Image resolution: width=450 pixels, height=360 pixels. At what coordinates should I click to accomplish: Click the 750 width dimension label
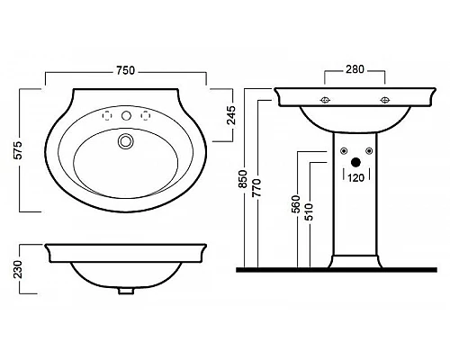click(x=126, y=70)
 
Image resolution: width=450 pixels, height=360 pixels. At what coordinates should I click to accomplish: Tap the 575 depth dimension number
click(x=18, y=150)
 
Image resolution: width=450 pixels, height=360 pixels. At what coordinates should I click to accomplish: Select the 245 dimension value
click(x=231, y=115)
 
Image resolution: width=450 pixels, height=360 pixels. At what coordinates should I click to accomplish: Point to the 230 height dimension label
click(x=18, y=269)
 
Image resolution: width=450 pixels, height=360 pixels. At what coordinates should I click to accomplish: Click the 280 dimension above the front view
click(x=355, y=69)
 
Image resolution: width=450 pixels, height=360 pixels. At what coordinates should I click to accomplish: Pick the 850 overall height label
click(x=242, y=179)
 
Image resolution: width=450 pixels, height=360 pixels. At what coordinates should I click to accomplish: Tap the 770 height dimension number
click(x=256, y=187)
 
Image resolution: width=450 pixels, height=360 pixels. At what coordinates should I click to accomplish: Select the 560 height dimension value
click(x=296, y=204)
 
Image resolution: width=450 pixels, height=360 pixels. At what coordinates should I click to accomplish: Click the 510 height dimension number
click(x=309, y=212)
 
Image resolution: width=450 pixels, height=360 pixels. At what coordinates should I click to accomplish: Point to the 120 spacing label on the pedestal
click(x=356, y=178)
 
